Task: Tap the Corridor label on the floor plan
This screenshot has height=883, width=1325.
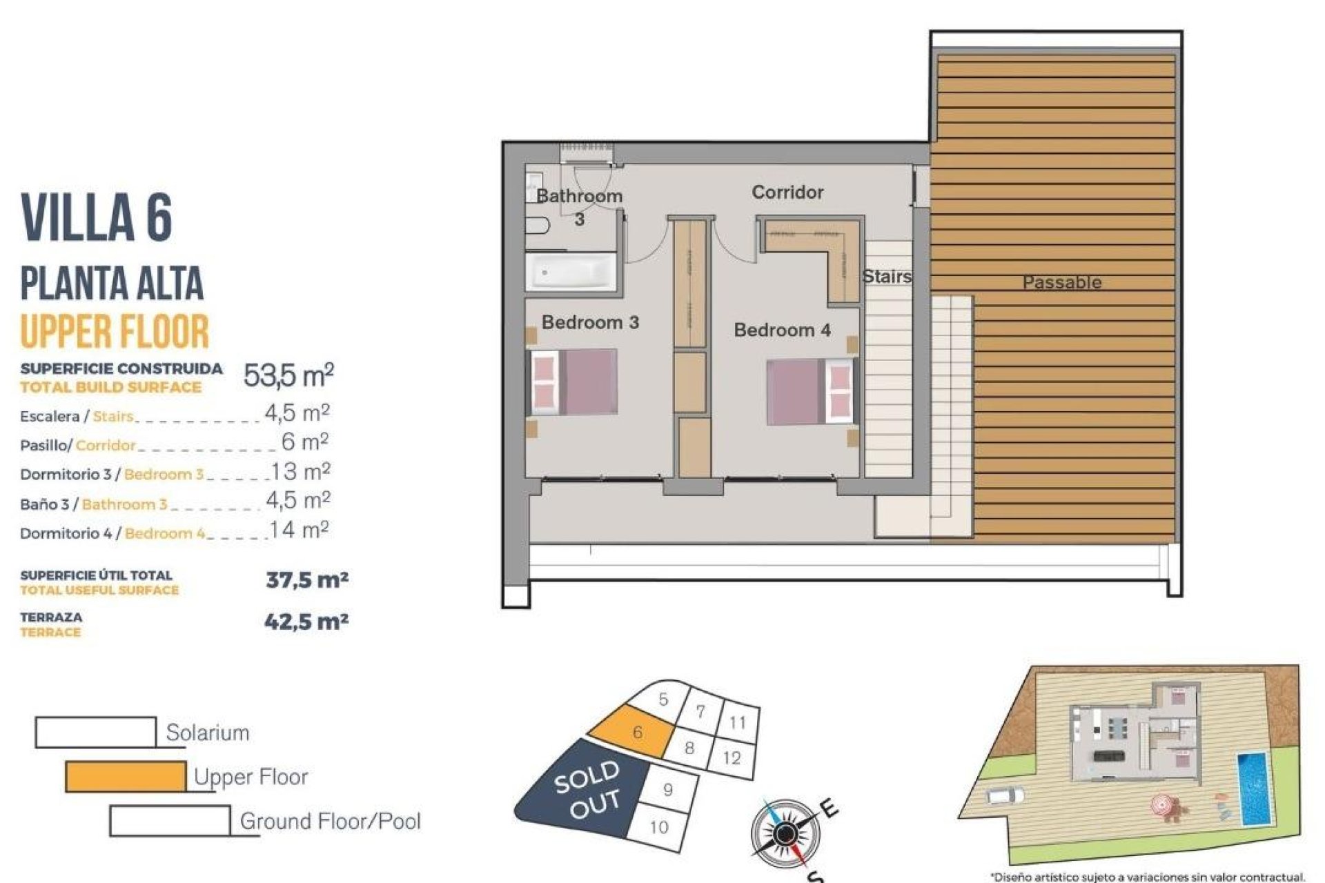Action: (x=787, y=192)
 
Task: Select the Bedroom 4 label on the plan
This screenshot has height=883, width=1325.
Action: (x=782, y=330)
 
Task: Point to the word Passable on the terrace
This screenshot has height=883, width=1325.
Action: (x=1061, y=282)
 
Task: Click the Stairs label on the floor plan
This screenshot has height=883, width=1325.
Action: (x=887, y=277)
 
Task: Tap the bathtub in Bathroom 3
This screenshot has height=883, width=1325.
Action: (x=570, y=272)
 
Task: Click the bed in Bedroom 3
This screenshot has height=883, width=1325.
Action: (x=573, y=382)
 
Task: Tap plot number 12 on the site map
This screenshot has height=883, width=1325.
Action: (x=732, y=758)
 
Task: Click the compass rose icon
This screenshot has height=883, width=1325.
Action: (x=784, y=834)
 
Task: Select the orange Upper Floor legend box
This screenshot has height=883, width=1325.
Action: (x=126, y=777)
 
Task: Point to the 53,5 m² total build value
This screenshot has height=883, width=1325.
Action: (x=288, y=376)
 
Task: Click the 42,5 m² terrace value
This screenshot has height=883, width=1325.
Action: (x=306, y=622)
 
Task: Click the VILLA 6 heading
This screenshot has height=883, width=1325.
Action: (x=97, y=217)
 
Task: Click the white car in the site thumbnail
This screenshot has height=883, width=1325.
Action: (x=1005, y=795)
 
